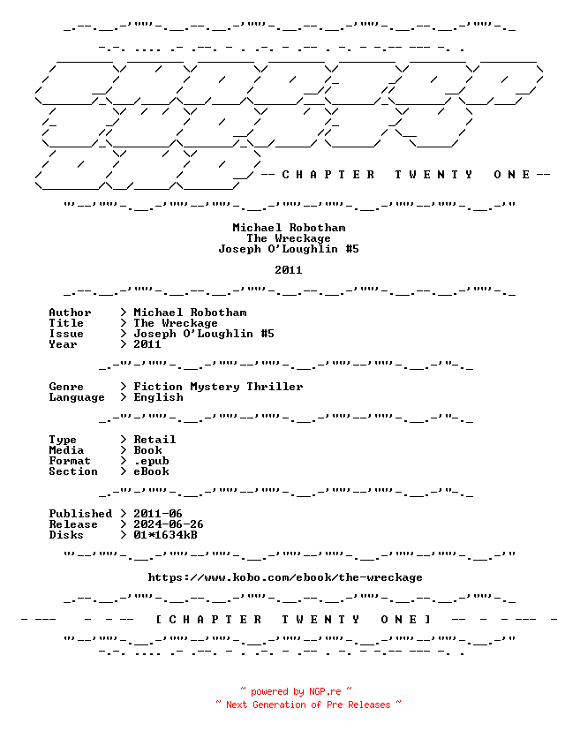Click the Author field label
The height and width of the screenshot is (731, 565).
(70, 313)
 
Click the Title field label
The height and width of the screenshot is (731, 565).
(66, 323)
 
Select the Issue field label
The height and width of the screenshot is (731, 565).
(66, 334)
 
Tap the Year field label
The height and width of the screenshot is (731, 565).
(63, 344)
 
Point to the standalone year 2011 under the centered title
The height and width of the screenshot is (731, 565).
(289, 270)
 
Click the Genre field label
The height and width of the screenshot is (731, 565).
(66, 387)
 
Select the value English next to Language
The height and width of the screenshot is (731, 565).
(159, 397)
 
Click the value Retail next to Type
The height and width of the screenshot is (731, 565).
(154, 440)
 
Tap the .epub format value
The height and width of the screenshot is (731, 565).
(152, 461)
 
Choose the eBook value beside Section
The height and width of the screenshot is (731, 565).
(152, 471)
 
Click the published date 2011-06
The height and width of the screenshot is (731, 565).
(158, 514)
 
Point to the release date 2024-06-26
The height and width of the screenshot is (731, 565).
(169, 524)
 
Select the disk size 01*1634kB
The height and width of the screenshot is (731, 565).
(165, 535)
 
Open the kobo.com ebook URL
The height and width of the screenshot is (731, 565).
(285, 577)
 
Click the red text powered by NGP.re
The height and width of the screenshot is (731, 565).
(296, 691)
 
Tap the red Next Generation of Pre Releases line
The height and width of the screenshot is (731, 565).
(308, 705)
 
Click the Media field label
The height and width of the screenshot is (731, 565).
(66, 450)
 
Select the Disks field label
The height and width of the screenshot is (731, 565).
(66, 535)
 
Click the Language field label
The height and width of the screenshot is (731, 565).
(77, 397)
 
